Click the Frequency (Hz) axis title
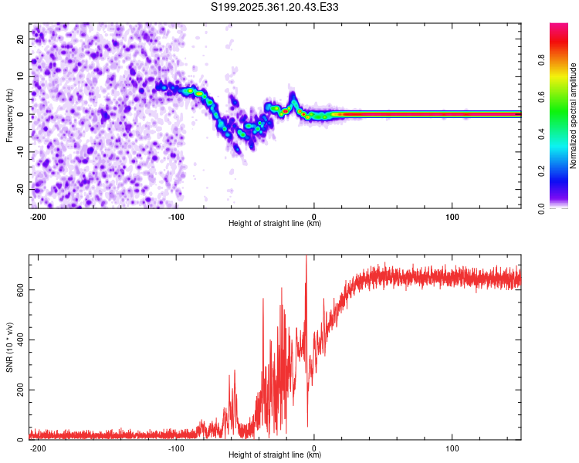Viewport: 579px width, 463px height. (x=10, y=115)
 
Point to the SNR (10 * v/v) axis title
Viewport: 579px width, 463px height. (x=10, y=347)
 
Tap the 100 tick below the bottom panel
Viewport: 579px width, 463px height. (x=452, y=448)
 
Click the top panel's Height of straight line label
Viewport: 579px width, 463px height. (x=275, y=224)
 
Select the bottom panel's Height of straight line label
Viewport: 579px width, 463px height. (x=275, y=455)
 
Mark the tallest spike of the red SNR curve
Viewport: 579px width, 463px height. (x=306, y=258)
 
